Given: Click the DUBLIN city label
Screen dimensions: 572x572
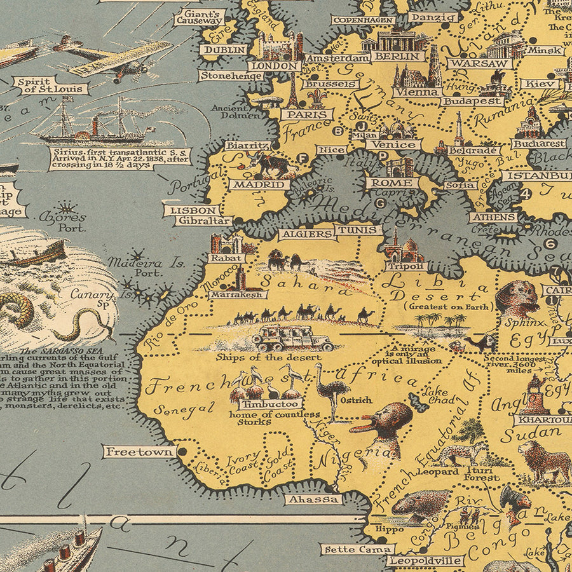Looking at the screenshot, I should point(223,50).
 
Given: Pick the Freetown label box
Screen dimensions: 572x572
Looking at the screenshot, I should point(139,452).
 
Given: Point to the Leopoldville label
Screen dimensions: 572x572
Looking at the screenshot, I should point(425,561).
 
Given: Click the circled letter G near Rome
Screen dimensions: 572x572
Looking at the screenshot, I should point(380,204).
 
